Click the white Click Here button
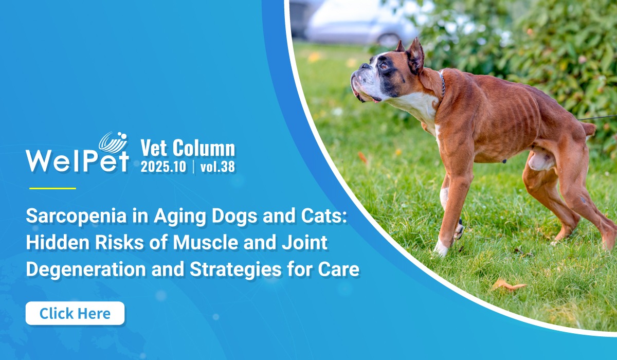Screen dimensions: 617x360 (x=75, y=313)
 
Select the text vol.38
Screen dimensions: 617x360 (x=217, y=167)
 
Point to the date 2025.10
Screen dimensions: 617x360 (x=164, y=167)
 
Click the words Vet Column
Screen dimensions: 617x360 (x=188, y=148)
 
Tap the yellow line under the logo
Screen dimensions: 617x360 (x=52, y=188)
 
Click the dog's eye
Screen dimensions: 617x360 (x=384, y=66)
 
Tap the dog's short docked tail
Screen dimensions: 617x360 (x=589, y=130)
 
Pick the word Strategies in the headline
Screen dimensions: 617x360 (x=235, y=269)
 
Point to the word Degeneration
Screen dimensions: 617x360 (x=86, y=269)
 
